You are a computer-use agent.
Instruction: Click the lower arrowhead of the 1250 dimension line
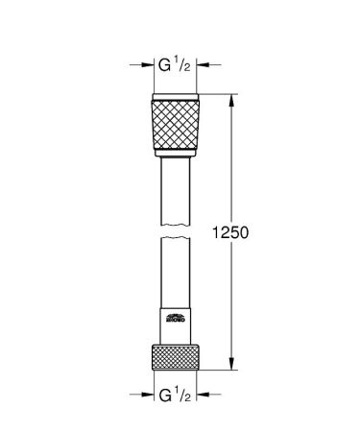231,362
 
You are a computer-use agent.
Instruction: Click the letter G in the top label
164,67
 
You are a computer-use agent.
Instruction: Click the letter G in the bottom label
164,393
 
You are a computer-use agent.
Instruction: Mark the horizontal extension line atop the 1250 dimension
216,93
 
